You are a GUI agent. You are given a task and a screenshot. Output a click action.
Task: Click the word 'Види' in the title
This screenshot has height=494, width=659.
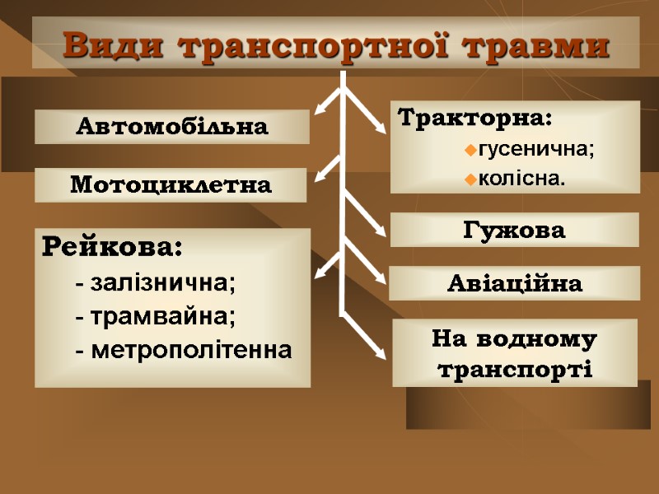click(x=115, y=45)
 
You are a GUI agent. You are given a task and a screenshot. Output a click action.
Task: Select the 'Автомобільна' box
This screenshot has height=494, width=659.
click(x=171, y=127)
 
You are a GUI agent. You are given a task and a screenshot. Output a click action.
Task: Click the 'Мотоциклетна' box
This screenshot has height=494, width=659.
click(x=171, y=185)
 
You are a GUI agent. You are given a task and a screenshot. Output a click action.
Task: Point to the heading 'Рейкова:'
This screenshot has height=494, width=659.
click(x=112, y=246)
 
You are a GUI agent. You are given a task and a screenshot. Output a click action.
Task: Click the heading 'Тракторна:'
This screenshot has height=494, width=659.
click(x=475, y=119)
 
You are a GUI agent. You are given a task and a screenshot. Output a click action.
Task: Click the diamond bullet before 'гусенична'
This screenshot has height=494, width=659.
click(x=470, y=151)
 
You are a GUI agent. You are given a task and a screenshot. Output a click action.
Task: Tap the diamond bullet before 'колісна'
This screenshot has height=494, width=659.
click(x=470, y=179)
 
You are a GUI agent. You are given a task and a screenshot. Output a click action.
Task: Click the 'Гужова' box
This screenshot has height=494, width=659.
click(x=514, y=231)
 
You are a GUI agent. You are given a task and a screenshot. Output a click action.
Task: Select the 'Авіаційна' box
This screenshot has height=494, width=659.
click(x=514, y=284)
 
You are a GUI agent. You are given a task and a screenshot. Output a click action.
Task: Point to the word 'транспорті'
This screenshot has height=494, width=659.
click(x=516, y=368)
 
